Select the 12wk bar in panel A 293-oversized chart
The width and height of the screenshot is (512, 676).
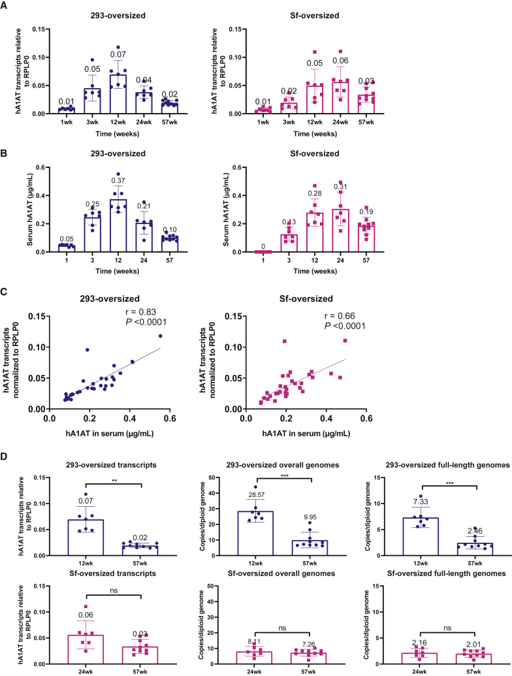click(118, 95)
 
